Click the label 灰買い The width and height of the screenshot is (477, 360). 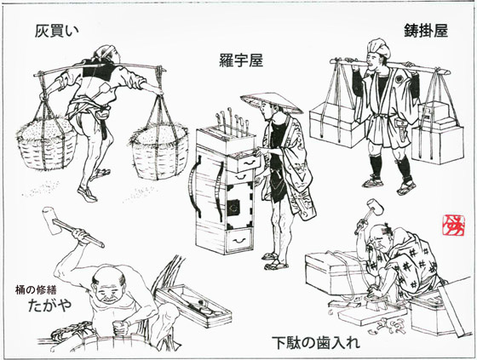(x=57, y=31)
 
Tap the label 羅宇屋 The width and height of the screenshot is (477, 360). (x=241, y=60)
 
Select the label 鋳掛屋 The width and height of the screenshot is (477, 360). (x=426, y=31)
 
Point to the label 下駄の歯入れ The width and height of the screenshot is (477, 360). (x=315, y=343)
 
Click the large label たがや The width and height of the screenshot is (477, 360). (x=50, y=305)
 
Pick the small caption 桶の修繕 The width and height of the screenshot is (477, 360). (x=36, y=289)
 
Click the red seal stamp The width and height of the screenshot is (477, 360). (x=453, y=226)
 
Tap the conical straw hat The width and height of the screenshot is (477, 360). (x=272, y=103)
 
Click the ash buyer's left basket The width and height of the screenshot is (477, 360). (x=47, y=144)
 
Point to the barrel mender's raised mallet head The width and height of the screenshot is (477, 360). (x=50, y=220)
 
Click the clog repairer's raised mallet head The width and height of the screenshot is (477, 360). (x=375, y=207)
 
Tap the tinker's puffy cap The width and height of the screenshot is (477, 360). (x=379, y=47)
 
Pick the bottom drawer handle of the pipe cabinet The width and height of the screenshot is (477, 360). (x=239, y=241)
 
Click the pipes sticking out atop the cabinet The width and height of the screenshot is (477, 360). (x=232, y=120)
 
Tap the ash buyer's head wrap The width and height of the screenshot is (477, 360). (x=104, y=53)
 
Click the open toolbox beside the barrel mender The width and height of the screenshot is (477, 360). (x=193, y=306)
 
